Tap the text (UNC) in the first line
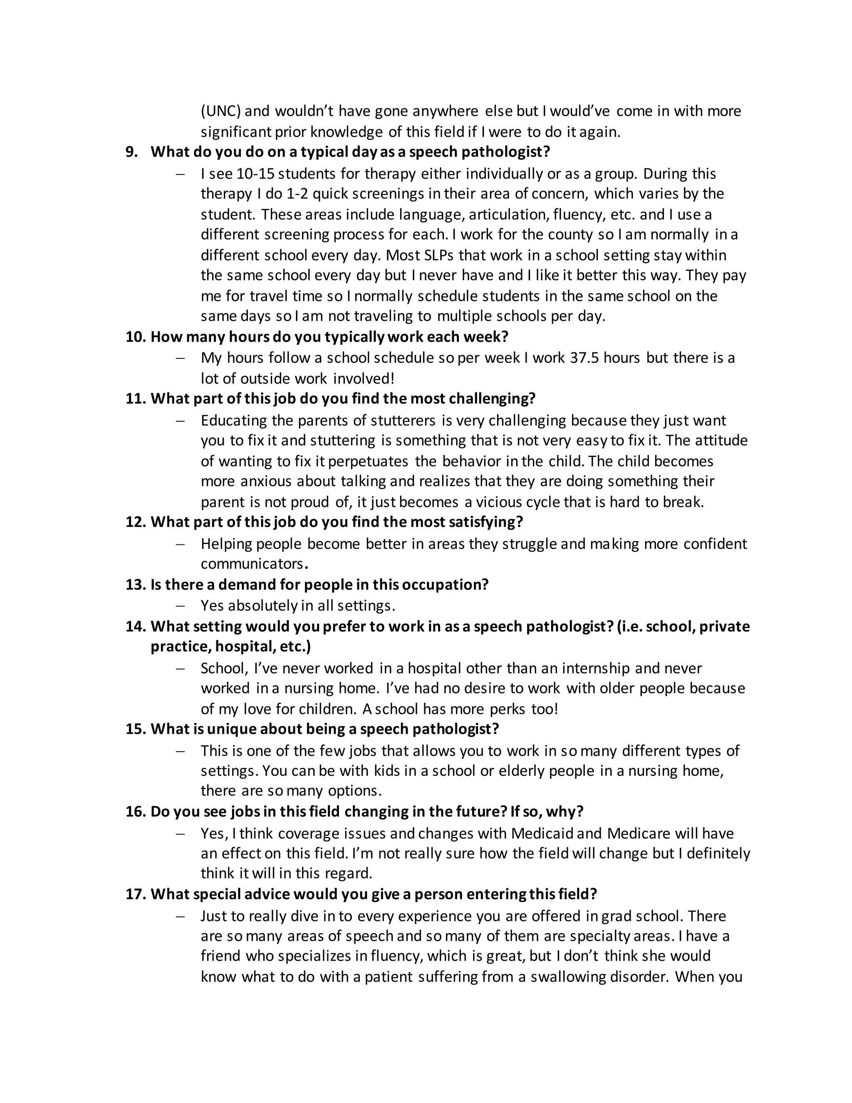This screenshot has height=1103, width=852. (220, 111)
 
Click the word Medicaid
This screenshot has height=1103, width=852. (542, 833)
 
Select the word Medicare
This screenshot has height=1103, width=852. (639, 833)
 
